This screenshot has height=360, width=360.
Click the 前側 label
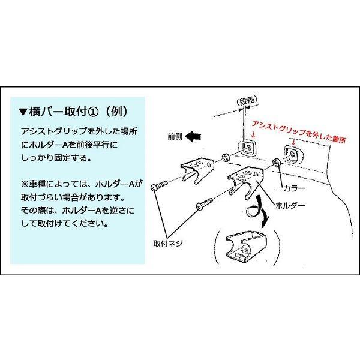point(175,137)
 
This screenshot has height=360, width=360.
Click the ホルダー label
point(292,206)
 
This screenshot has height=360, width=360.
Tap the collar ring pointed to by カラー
point(276,163)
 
